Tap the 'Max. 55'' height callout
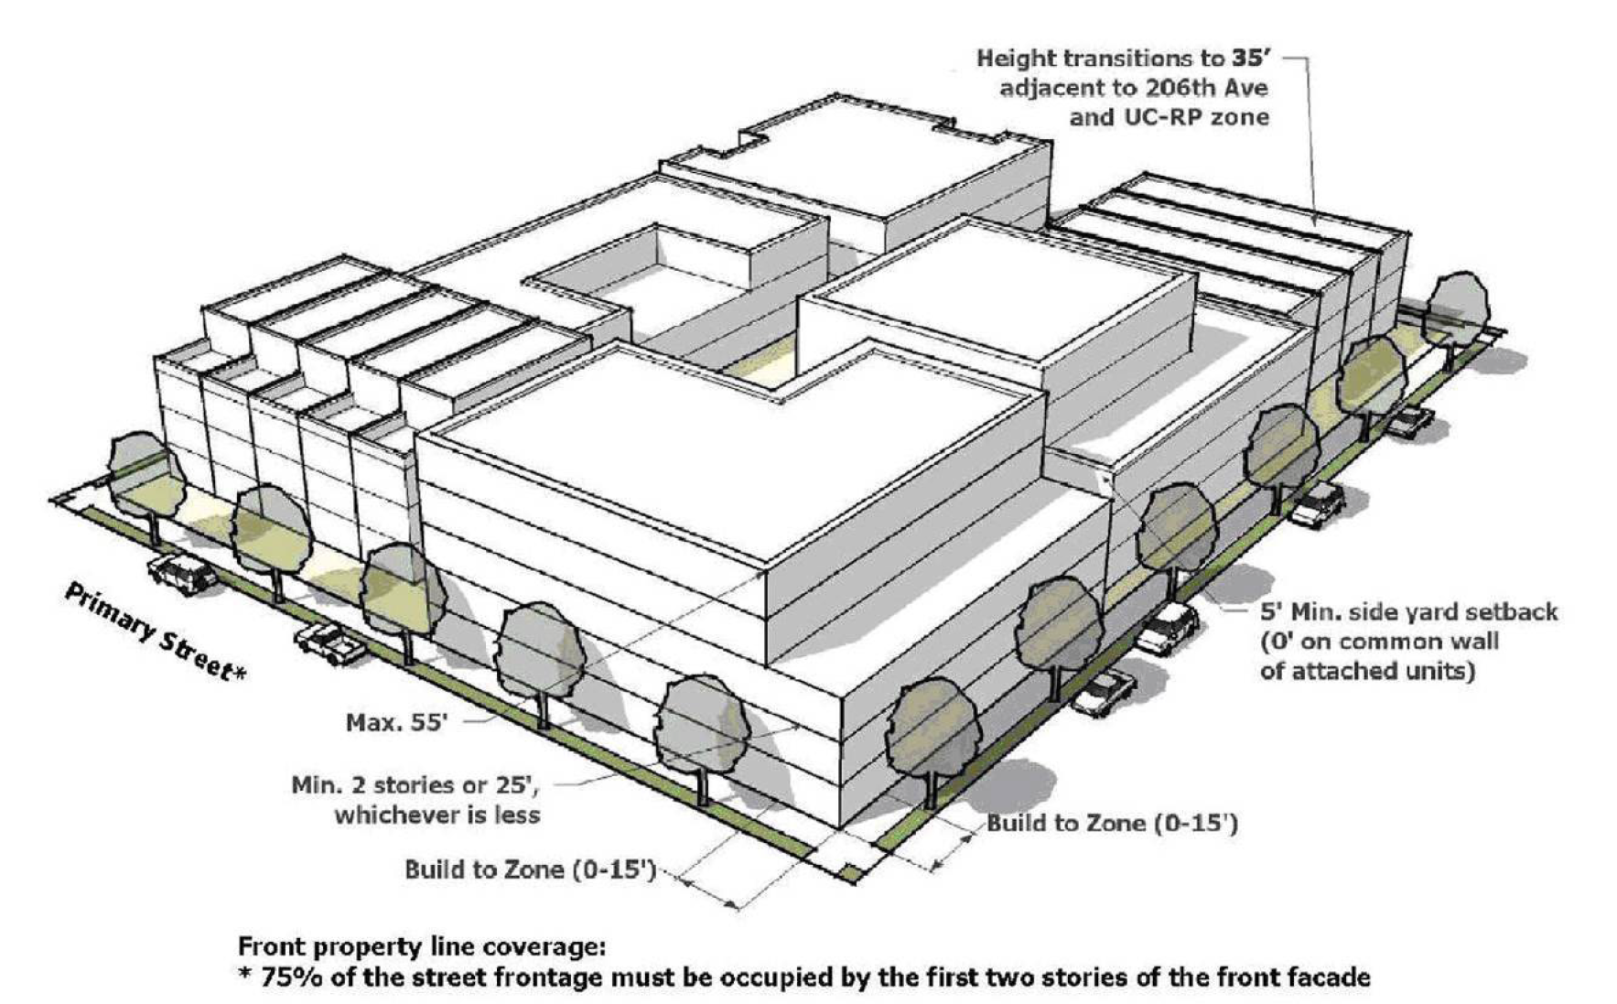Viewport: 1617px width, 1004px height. pos(397,723)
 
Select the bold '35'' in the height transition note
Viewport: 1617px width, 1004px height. pos(1248,59)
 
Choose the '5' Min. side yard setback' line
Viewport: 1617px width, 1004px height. pos(1408,611)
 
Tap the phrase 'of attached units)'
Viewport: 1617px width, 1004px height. pos(1367,671)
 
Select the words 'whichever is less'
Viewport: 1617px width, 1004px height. pos(437,815)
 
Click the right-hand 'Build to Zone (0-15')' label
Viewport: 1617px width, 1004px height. pos(1112,824)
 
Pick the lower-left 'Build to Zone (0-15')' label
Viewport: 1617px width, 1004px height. pos(531,869)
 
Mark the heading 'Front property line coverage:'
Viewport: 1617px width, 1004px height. pos(421,946)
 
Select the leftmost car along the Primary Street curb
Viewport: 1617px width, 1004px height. pos(181,572)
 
